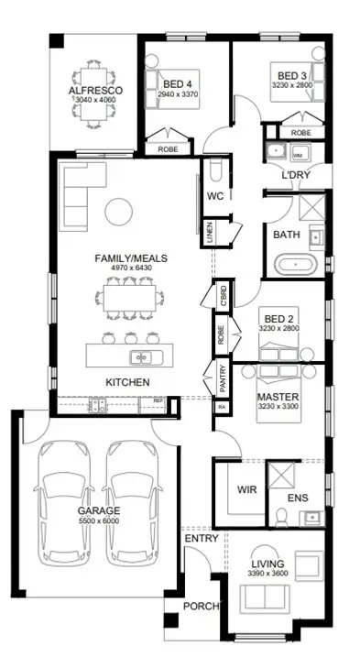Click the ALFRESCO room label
coord(89,92)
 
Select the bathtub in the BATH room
coord(294,267)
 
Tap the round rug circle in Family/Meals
coord(120,212)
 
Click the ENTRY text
coord(202,539)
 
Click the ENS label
coord(298,498)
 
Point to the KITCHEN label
coord(127,381)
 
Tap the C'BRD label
coord(221,296)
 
